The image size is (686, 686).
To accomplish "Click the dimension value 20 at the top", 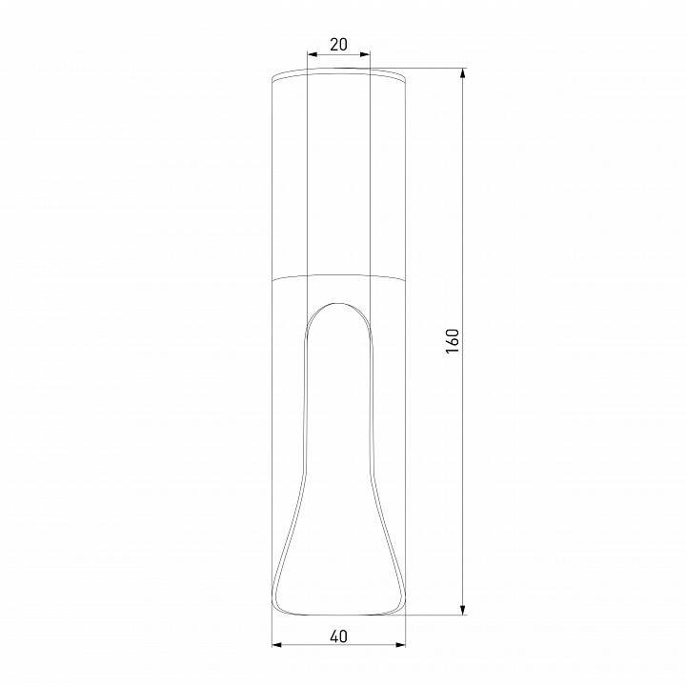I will tap(338, 44).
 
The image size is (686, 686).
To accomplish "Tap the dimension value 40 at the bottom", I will tap(338, 634).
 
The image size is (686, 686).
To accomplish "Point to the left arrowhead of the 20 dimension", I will tap(312, 55).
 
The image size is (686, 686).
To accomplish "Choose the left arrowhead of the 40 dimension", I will tap(276, 646).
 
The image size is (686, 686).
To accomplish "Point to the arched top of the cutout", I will tap(338, 304).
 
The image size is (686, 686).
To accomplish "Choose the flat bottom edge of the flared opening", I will tap(338, 614).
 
